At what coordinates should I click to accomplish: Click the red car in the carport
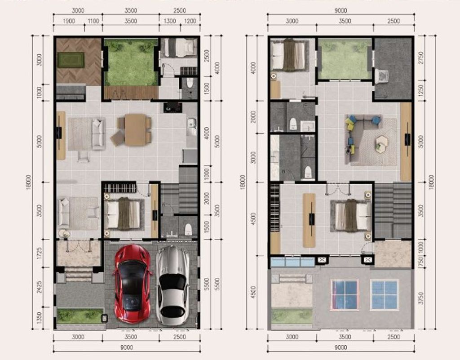[x=133, y=284]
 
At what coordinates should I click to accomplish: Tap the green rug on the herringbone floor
[x=71, y=60]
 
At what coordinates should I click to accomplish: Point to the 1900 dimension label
[x=69, y=21]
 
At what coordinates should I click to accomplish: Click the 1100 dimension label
[x=93, y=21]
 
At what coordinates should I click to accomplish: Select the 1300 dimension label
[x=169, y=21]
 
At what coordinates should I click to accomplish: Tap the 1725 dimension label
[x=40, y=253]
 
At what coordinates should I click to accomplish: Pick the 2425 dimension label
[x=40, y=288]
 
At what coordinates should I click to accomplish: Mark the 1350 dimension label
[x=40, y=318]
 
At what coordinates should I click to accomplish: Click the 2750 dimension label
[x=421, y=58]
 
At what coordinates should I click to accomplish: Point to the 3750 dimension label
[x=421, y=298]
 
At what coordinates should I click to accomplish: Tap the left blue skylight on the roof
[x=345, y=294]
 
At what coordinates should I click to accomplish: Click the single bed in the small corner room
[x=180, y=48]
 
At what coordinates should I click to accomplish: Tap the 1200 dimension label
[x=190, y=21]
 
